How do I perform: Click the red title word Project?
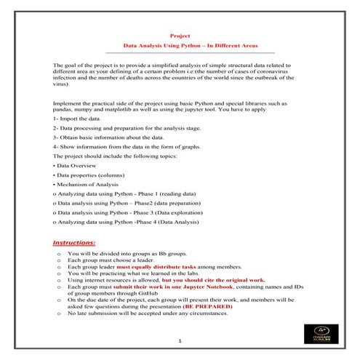click(179, 34)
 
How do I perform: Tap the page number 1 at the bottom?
click(180, 341)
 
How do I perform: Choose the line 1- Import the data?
click(77, 118)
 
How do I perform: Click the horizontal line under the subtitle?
click(189, 52)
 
